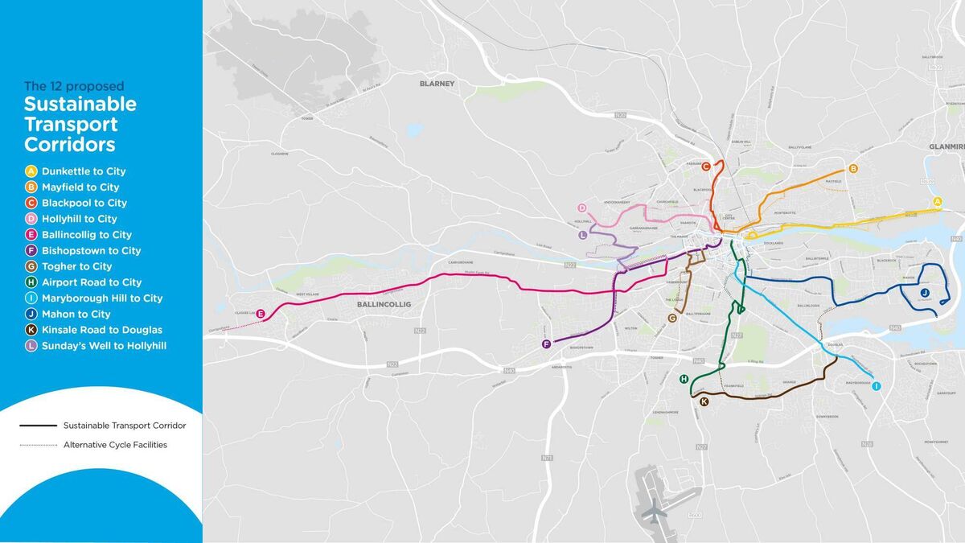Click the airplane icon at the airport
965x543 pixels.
tap(656, 510)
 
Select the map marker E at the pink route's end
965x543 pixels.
tap(260, 314)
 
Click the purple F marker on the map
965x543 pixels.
tap(546, 344)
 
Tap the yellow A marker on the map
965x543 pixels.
tap(937, 201)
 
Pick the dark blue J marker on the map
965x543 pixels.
tap(925, 292)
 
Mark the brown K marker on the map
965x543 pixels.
tap(704, 401)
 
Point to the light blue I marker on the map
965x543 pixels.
tap(877, 386)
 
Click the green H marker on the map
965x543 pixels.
tap(684, 379)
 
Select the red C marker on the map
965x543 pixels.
tap(705, 167)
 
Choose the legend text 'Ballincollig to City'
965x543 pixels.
tap(87, 235)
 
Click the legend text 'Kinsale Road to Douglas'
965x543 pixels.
tap(101, 330)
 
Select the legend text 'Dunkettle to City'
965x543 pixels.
tap(84, 171)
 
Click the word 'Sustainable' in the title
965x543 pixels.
tap(80, 105)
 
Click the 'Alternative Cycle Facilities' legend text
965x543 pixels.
tap(115, 445)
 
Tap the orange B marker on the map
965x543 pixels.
tap(853, 168)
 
